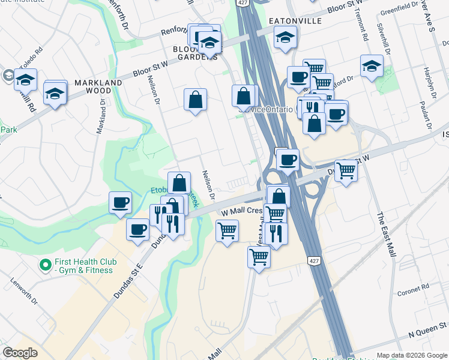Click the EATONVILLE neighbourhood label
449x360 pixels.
295,21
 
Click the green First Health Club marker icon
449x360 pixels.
45,265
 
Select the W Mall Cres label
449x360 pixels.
242,212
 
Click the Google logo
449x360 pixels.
20,353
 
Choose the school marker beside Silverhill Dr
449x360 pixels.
372,66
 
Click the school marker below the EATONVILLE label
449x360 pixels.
285,38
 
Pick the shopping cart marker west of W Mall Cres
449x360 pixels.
227,230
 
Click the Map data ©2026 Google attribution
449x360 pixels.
412,355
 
